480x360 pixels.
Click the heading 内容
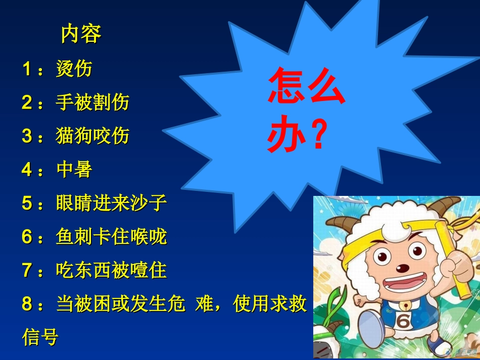81,34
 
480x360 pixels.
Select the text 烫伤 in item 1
74,68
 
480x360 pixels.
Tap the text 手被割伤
92,102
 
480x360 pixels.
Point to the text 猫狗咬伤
92,136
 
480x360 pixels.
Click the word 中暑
74,170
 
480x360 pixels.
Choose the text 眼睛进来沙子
111,203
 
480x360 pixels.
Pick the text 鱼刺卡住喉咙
111,237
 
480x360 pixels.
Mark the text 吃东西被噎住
111,271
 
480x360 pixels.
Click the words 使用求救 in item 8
270,304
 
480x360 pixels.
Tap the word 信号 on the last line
40,337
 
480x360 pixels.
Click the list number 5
27,203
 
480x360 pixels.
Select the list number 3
27,136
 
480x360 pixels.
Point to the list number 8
27,304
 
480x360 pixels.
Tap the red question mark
318,134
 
